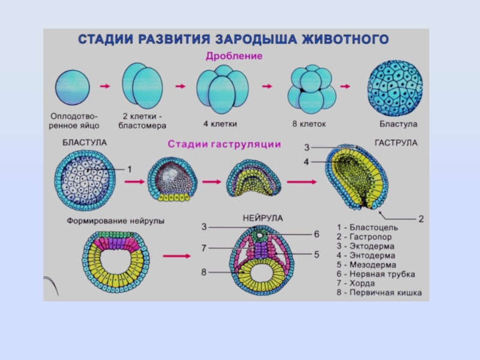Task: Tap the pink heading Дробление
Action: [234, 56]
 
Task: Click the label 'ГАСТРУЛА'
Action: [396, 143]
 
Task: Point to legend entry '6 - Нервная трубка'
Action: [376, 274]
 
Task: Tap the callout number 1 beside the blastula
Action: [129, 170]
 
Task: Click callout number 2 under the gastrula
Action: [421, 219]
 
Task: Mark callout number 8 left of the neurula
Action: [204, 272]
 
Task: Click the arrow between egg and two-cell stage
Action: [105, 87]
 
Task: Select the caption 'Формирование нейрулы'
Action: [115, 221]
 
